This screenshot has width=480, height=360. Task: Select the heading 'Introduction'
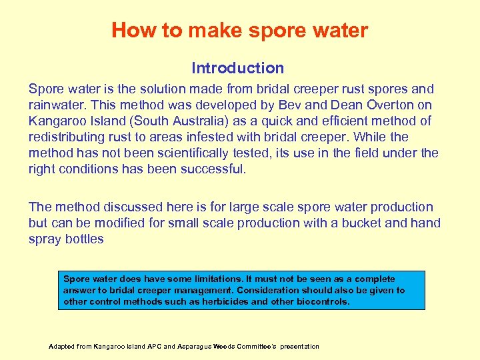click(237, 68)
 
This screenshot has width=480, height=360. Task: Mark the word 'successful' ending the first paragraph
click(214, 169)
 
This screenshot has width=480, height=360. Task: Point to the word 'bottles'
click(85, 239)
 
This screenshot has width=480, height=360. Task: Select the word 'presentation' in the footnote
click(299, 347)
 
